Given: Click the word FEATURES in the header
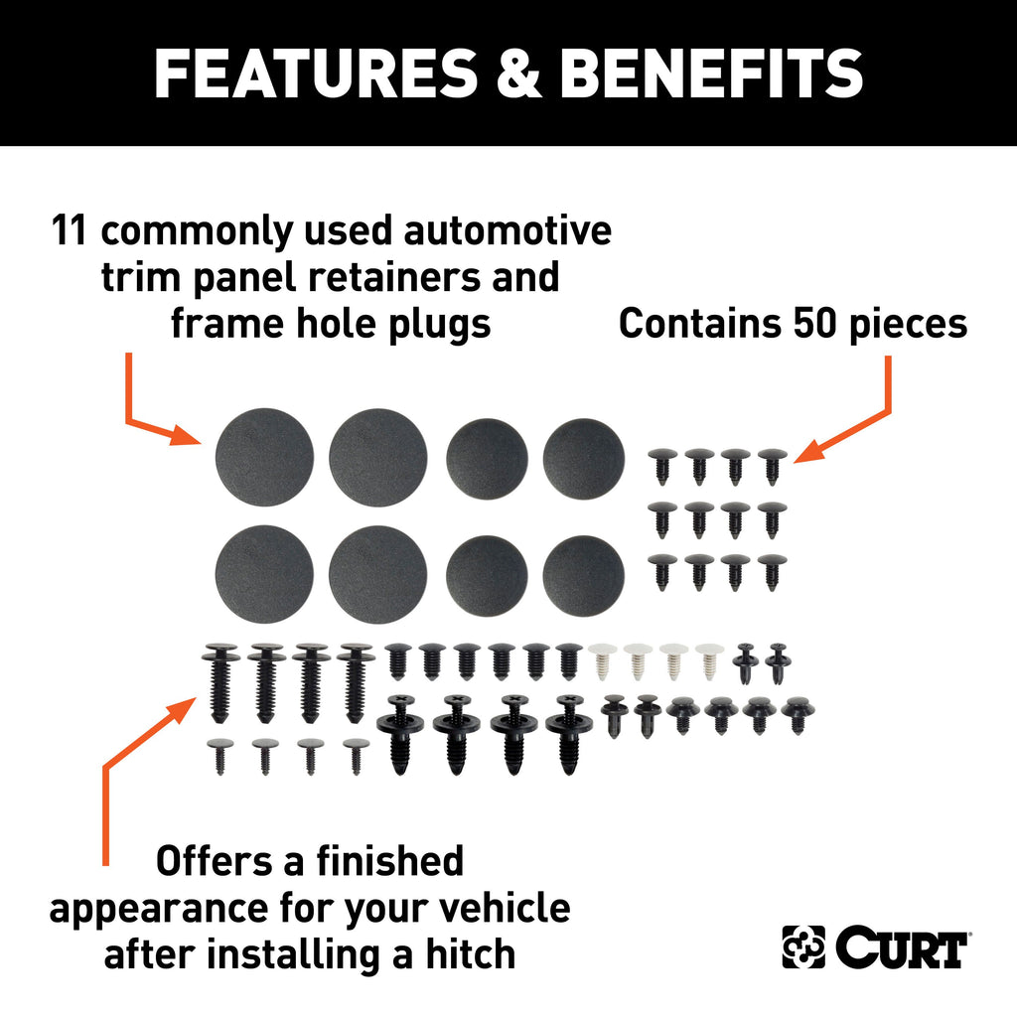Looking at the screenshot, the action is pos(316,73).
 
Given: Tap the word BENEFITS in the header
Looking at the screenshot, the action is pos(711,73).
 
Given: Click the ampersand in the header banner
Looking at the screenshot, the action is pos(518,73).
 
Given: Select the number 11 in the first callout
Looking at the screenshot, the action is pos(69,230).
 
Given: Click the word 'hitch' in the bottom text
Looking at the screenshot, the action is pos(470,954).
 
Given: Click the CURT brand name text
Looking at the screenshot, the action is pos(902,946).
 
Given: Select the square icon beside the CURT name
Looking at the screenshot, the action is pos(803,946).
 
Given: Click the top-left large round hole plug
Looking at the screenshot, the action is pos(264,457).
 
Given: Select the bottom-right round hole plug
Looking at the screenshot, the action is pos(584,576).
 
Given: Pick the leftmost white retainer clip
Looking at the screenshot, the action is pos(603,660).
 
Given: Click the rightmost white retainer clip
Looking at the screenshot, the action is pos(709,660).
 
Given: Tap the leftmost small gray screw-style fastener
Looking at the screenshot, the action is pos(219,756).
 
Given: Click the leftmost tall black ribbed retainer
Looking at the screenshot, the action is pos(220,682).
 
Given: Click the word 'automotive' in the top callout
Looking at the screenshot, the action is pos(508,230).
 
